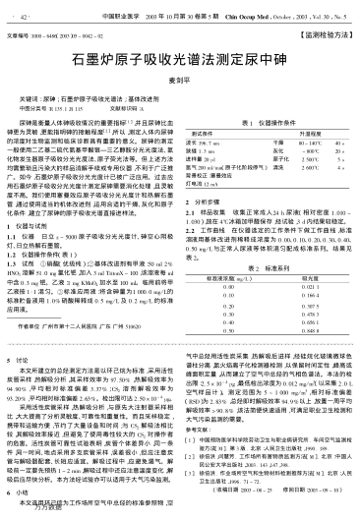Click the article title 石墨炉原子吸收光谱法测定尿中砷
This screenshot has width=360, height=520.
pos(180,87)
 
